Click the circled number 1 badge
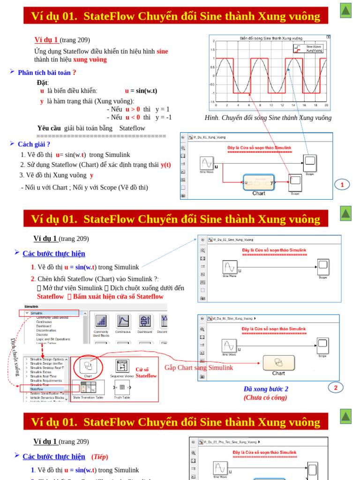(342, 185)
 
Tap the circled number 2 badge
(336, 387)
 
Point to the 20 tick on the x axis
(326, 105)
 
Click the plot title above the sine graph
(271, 38)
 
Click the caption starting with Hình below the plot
(268, 118)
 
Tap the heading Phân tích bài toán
(46, 73)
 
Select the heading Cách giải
(34, 144)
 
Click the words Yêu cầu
(49, 128)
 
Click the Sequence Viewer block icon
(122, 366)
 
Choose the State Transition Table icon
(88, 387)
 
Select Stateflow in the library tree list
(37, 389)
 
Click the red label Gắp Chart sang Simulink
(199, 367)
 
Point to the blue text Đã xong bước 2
(266, 389)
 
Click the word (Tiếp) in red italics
(99, 457)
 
